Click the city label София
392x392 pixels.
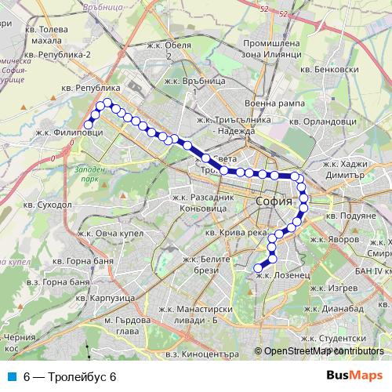tap(274, 201)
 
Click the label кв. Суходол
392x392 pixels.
tap(47, 205)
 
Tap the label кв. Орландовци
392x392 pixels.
tap(322, 122)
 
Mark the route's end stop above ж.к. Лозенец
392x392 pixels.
tap(257, 268)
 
